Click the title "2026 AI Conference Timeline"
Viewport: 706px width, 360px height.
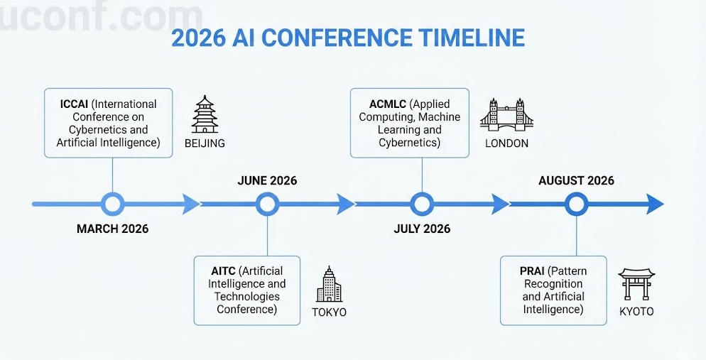click(x=347, y=38)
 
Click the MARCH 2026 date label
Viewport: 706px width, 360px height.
click(x=112, y=229)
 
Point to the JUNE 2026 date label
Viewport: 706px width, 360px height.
click(x=268, y=180)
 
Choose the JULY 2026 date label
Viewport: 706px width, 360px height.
click(x=422, y=229)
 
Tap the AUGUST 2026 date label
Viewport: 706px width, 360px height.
click(x=576, y=180)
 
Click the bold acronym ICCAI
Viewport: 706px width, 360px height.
click(x=75, y=104)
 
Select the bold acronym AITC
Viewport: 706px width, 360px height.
click(x=223, y=271)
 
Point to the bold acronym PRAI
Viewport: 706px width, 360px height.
click(x=532, y=271)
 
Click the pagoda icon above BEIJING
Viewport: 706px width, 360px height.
click(x=205, y=114)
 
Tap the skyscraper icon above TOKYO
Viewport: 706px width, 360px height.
click(x=329, y=284)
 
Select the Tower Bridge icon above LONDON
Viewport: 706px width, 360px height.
click(x=506, y=114)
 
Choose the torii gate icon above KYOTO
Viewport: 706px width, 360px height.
click(x=636, y=284)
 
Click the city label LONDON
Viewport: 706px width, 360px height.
click(x=506, y=143)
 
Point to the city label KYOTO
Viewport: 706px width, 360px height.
click(x=636, y=311)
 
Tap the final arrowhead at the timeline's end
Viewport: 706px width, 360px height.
click(x=655, y=204)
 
